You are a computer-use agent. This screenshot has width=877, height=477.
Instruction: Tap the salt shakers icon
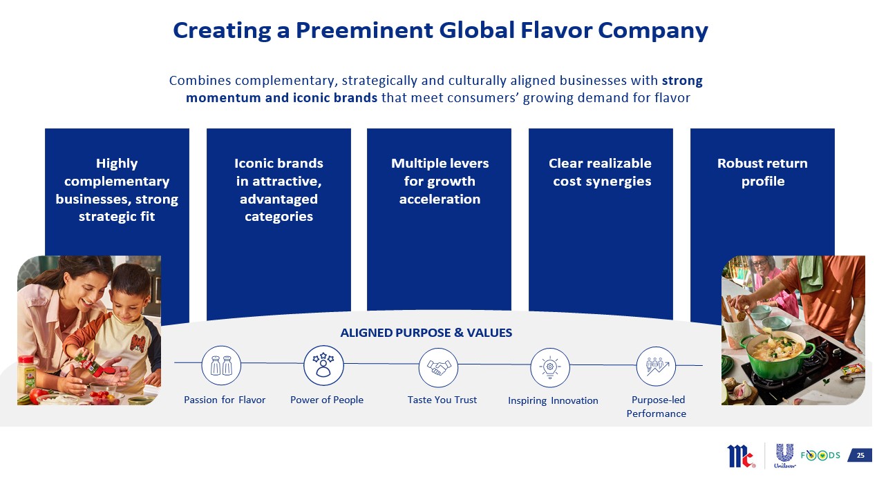[221, 365]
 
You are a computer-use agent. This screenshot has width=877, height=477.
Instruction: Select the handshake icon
[438, 367]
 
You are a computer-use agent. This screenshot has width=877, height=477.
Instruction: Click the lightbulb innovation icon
[550, 367]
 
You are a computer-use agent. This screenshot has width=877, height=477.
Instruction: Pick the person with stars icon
[323, 365]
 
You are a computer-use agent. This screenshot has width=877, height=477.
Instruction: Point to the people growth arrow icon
[656, 367]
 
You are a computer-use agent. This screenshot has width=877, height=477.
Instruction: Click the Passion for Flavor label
[225, 400]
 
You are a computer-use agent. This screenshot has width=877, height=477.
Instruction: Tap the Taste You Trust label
[442, 400]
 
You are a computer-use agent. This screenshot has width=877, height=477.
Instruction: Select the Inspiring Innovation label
[553, 400]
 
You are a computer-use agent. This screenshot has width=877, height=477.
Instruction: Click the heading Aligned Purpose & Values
[426, 333]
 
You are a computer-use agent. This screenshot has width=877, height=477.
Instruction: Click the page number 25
[860, 455]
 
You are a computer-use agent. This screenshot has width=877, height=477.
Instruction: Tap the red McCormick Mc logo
[741, 456]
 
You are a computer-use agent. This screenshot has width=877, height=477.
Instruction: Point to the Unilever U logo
[784, 456]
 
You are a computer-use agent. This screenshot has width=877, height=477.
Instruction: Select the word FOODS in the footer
[820, 455]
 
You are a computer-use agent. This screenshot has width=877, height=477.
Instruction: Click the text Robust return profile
[763, 172]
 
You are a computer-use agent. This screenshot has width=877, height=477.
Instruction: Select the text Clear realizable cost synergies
[601, 172]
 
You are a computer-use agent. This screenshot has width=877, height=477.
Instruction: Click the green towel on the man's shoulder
[811, 273]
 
